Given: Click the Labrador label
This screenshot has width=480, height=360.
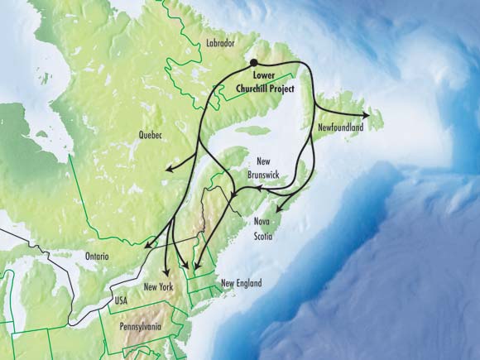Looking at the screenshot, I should [218, 43].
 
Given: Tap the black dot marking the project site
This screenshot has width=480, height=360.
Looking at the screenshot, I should [254, 63].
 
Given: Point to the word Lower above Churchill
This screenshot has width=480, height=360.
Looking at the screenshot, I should [265, 75].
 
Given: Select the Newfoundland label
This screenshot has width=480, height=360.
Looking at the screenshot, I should [342, 127].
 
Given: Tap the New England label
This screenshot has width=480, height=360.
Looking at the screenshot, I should [242, 284].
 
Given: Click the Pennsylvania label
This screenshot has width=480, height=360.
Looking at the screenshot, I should [141, 326].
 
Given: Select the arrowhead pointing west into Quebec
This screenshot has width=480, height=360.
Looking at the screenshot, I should [165, 170].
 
